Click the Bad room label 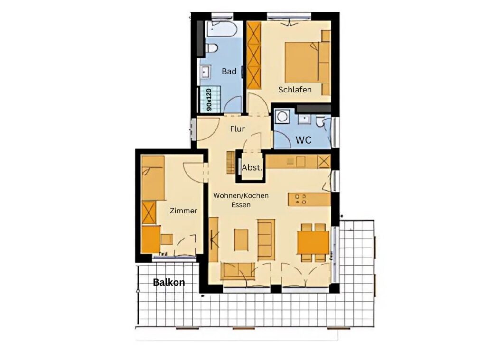[x=229, y=71]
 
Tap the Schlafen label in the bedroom [x=295, y=90]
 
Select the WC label [x=303, y=140]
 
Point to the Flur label [x=237, y=129]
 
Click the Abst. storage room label [x=252, y=167]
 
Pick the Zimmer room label [x=184, y=211]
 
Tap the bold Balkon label [x=169, y=282]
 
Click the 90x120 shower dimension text [x=209, y=100]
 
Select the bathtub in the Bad [x=222, y=29]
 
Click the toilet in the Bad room [x=211, y=48]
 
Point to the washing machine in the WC [x=282, y=117]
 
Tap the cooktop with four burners [x=300, y=199]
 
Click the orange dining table [x=313, y=242]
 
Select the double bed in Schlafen [x=302, y=62]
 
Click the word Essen [x=241, y=205]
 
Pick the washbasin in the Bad [x=205, y=72]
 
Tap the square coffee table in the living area [x=241, y=240]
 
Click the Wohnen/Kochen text [x=241, y=196]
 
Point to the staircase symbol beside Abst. [x=231, y=162]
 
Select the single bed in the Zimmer [x=153, y=178]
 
